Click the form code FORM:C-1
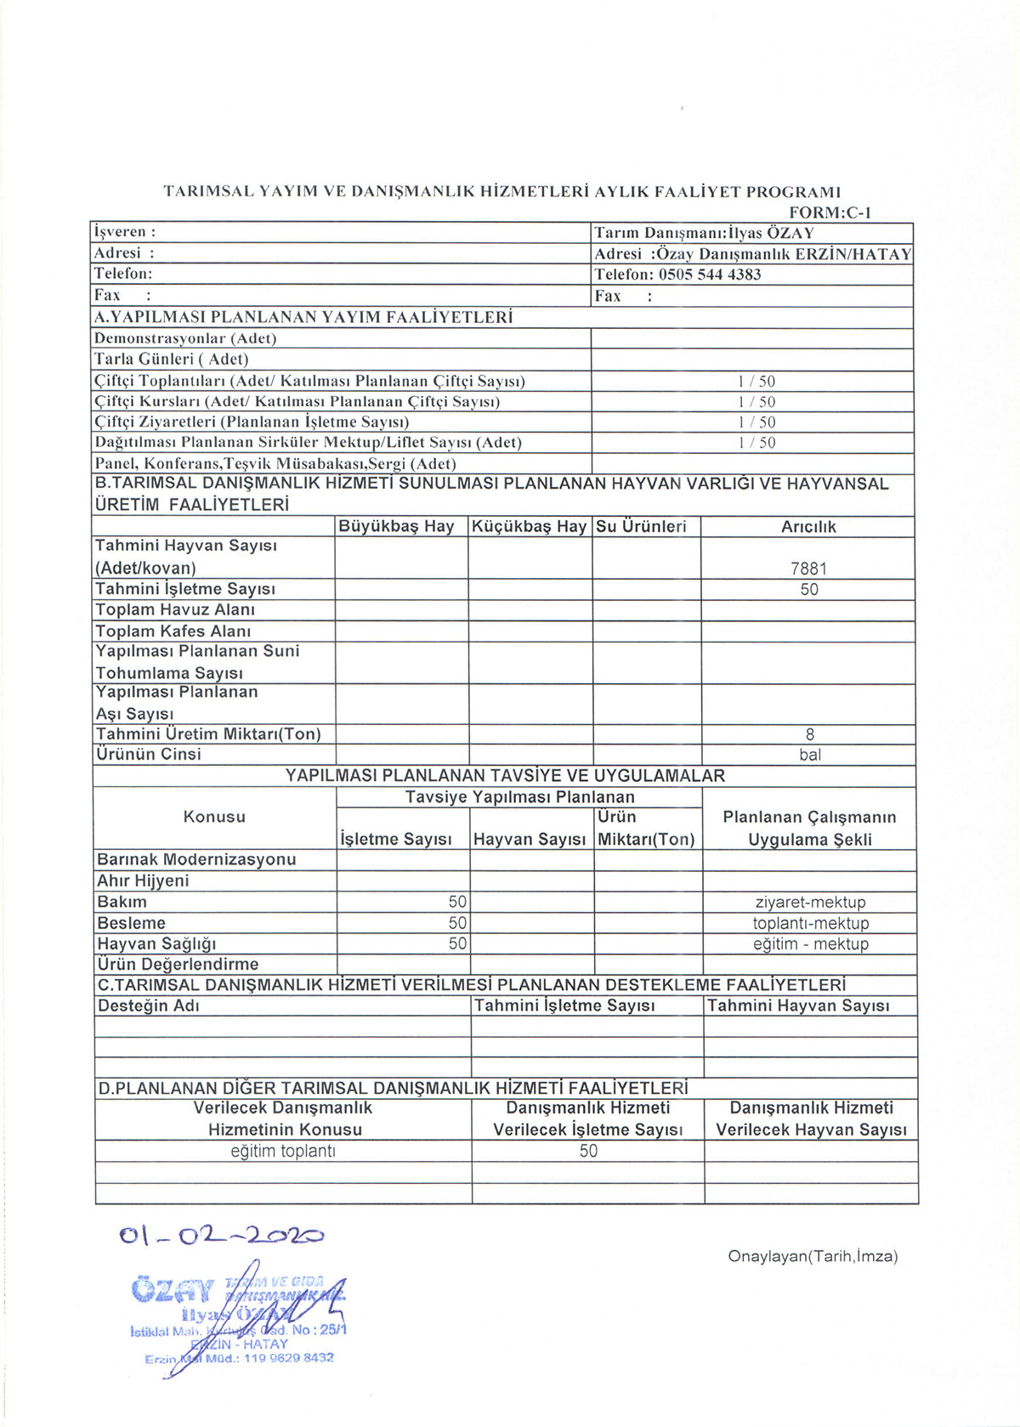830,213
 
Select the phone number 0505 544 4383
710,275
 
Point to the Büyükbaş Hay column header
396,527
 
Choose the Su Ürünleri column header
641,527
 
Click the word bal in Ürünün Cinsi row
810,755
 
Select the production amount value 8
810,734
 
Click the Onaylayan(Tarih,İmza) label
813,1256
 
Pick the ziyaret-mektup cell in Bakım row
810,903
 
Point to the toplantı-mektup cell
810,923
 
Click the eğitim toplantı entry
283,1152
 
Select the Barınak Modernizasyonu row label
196,860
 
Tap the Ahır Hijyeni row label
143,881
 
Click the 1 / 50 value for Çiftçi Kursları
756,402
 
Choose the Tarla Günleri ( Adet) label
171,360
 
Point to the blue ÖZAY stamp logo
171,1290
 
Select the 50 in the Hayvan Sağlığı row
457,943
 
